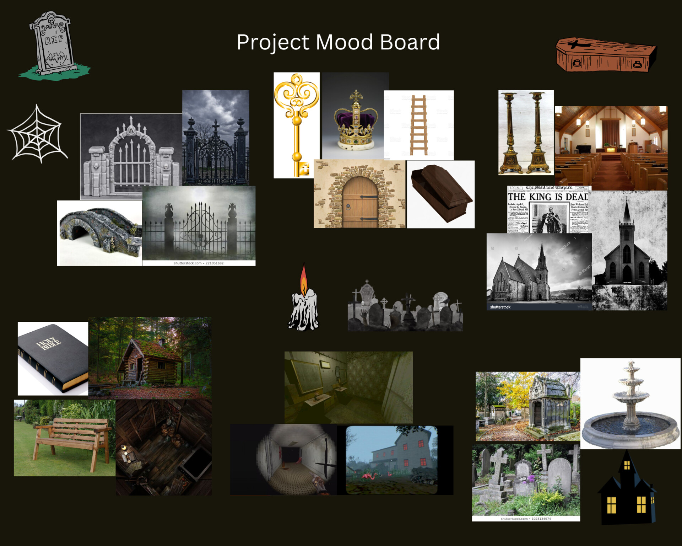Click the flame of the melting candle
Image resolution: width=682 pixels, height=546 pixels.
(x=304, y=279)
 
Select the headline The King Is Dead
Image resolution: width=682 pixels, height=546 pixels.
(x=548, y=197)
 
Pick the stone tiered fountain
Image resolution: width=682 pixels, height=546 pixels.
(x=630, y=405)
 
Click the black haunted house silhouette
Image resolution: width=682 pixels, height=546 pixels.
(x=627, y=491)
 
